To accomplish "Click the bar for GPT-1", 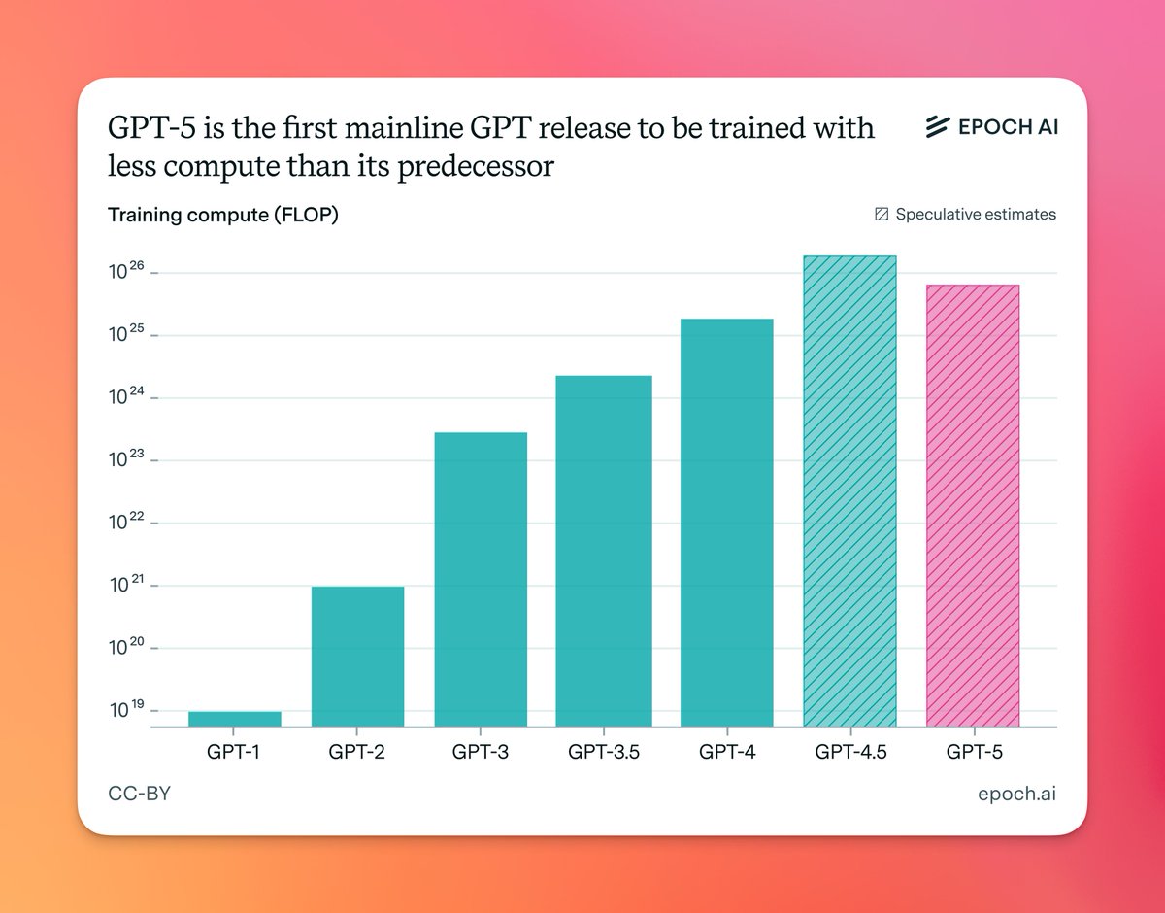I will click(x=235, y=719).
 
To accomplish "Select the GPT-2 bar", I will click(x=357, y=657).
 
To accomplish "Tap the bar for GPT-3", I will click(x=481, y=579).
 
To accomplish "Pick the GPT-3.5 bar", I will click(x=604, y=551).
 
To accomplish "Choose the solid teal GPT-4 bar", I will click(x=727, y=523).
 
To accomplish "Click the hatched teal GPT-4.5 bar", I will click(x=850, y=490).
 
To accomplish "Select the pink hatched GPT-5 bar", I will click(x=973, y=505).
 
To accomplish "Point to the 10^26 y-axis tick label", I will click(x=127, y=272).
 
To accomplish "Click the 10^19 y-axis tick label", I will click(x=127, y=711).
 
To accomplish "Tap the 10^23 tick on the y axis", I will click(x=127, y=460).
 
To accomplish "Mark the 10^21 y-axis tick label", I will click(x=127, y=586).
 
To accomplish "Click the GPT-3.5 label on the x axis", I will click(x=604, y=752).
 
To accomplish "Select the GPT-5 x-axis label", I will click(x=973, y=752).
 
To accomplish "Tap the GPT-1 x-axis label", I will click(x=235, y=752).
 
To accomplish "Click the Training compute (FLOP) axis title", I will click(x=223, y=216).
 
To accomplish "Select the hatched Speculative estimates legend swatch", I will click(x=882, y=215).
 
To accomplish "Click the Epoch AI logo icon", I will click(x=936, y=127).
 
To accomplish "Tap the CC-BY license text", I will click(x=140, y=795).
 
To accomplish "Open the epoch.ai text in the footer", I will click(x=1016, y=795).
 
